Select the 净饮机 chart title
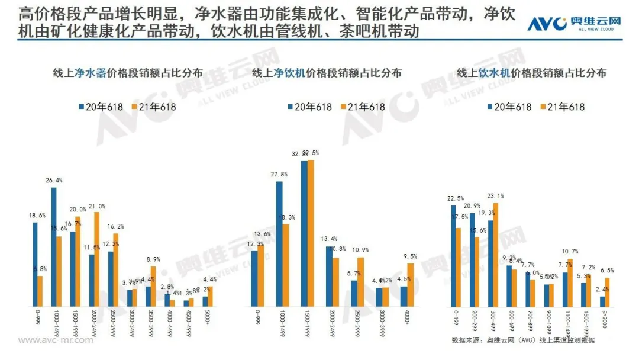coord(327,73)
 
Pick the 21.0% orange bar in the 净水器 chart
coord(96,259)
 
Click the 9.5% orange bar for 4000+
coord(411,285)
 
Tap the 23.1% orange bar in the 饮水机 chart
coord(495,255)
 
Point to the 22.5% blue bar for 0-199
coord(453,256)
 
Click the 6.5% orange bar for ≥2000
coord(606,292)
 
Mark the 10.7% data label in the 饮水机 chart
coord(570,252)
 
